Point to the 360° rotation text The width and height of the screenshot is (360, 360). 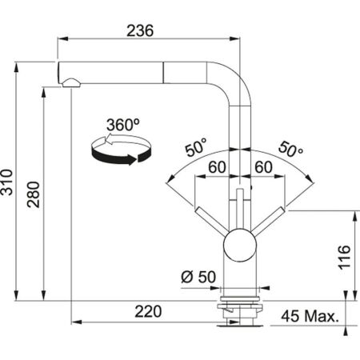(x=122, y=126)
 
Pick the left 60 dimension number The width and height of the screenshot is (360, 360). (x=214, y=166)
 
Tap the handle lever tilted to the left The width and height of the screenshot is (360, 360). (x=212, y=216)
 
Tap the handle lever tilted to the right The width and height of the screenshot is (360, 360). (x=266, y=216)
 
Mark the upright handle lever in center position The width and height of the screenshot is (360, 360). (x=239, y=204)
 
